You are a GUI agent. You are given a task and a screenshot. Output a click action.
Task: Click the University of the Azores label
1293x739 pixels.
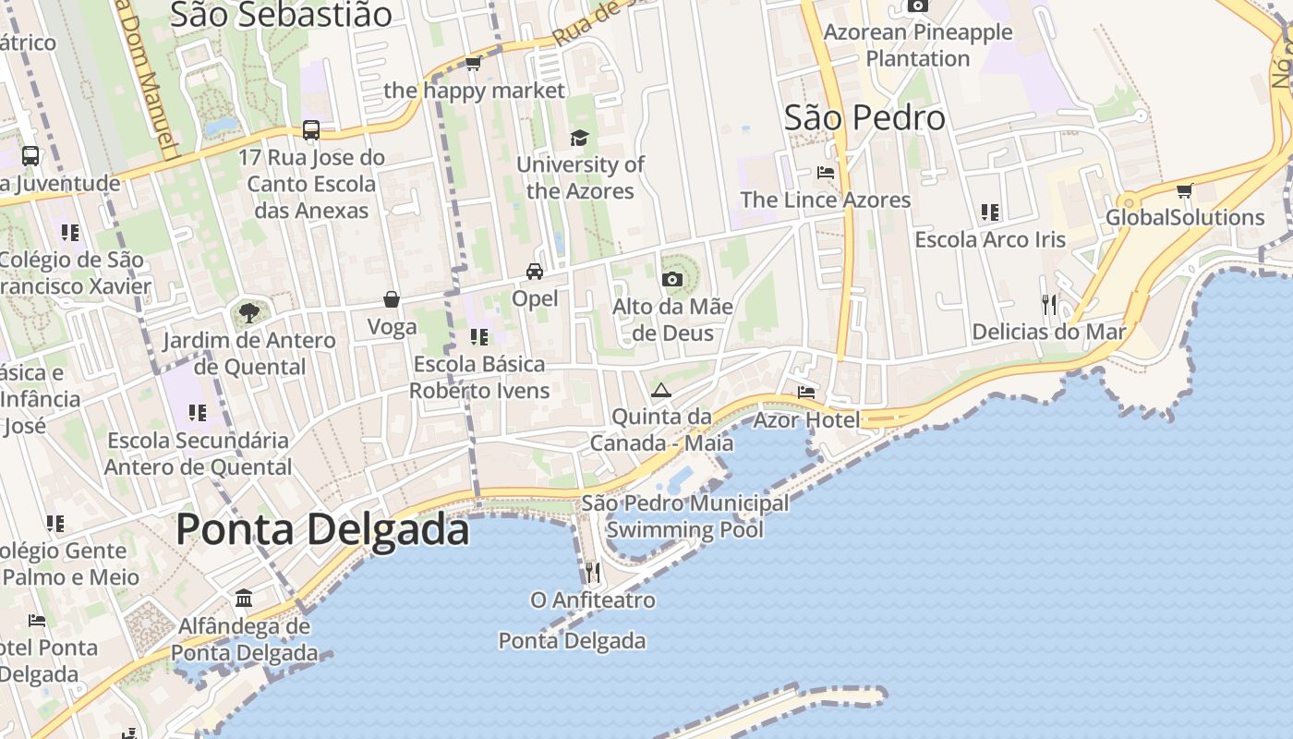580,177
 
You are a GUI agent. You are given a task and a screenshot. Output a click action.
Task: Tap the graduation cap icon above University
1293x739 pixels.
579,138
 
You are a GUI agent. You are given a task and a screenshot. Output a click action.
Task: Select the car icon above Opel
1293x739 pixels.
535,271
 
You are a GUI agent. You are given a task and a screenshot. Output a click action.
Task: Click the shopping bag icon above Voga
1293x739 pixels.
392,299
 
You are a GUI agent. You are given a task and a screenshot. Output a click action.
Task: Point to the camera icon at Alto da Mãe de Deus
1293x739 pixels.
671,279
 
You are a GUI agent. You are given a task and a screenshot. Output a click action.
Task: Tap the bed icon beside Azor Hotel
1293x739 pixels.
806,393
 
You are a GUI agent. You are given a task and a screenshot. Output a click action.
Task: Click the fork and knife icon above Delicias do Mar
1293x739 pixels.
1048,304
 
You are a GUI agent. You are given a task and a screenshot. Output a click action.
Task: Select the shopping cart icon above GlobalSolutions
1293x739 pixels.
1185,191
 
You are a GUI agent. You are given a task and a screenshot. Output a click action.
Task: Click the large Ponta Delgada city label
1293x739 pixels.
322,529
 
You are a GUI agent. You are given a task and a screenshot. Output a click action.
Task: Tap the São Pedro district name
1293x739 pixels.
864,117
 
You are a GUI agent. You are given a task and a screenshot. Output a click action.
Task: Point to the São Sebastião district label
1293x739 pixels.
281,14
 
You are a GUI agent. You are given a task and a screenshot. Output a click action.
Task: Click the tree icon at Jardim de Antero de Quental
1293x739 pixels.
248,312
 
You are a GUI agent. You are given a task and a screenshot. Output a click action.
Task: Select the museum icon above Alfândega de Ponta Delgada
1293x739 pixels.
244,599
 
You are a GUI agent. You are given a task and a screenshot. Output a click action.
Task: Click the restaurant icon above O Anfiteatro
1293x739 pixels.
593,572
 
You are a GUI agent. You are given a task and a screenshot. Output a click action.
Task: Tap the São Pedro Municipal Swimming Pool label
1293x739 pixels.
685,516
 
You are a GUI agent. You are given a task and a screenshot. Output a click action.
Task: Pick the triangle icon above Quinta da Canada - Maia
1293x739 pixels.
660,390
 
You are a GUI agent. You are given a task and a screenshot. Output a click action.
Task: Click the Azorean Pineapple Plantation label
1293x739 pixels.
918,45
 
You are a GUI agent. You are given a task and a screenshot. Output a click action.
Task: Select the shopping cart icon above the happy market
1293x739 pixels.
474,63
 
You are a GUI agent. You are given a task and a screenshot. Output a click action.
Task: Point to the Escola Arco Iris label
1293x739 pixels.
990,239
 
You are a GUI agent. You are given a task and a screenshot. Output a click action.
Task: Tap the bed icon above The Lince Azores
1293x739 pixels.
826,172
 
